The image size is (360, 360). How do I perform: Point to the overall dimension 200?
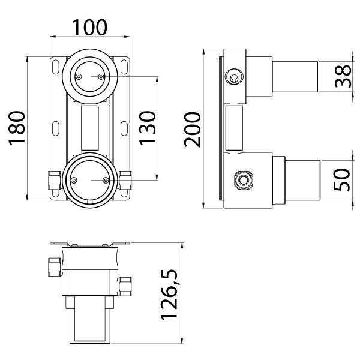(x=193, y=130)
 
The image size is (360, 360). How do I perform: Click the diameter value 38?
(x=343, y=76)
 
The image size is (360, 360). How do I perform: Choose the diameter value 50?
(x=343, y=179)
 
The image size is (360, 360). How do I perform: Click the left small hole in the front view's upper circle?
(x=78, y=76)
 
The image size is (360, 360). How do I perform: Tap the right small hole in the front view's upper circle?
(x=100, y=76)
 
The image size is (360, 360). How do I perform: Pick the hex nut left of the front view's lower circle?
(x=53, y=179)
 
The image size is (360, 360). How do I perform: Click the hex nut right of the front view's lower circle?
(x=126, y=179)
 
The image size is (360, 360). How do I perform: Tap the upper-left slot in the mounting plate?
(x=56, y=66)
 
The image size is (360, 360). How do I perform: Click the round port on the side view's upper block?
(x=233, y=76)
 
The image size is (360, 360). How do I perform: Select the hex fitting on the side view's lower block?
(x=244, y=179)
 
